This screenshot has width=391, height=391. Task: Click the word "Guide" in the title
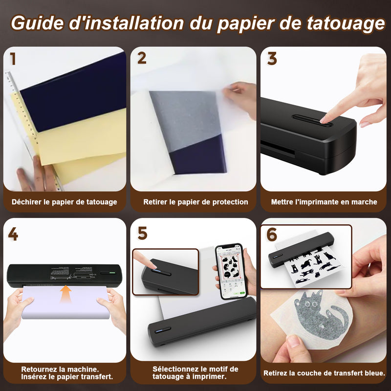click(37, 23)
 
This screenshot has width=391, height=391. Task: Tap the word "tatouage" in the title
click(346, 23)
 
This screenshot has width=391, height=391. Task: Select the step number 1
click(13, 59)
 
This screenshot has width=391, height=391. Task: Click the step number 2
click(142, 58)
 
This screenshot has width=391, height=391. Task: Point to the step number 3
click(272, 59)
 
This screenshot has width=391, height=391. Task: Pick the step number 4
click(13, 234)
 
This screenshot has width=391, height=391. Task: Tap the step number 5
click(142, 234)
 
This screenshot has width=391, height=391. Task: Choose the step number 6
click(272, 235)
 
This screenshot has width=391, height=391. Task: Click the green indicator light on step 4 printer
click(112, 273)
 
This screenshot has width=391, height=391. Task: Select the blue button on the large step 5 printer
click(160, 331)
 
